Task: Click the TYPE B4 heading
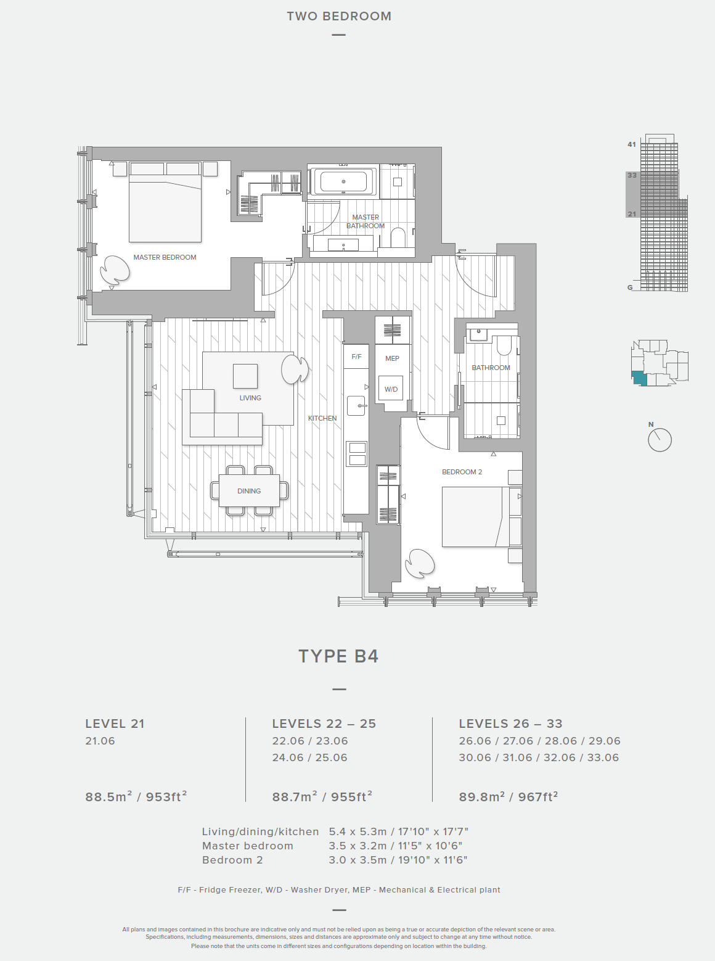[x=338, y=656]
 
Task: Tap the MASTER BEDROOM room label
[x=165, y=257]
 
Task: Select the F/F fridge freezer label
[x=356, y=357]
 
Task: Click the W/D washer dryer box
[x=391, y=389]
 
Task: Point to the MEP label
[x=393, y=358]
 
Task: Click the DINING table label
[x=249, y=491]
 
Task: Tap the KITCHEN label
[x=322, y=418]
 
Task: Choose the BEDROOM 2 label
[x=462, y=472]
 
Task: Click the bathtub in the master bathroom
[x=343, y=182]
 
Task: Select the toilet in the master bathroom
[x=398, y=239]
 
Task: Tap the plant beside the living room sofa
[x=295, y=369]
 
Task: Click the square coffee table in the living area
[x=245, y=376]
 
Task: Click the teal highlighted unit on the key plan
[x=639, y=378]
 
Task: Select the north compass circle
[x=660, y=440]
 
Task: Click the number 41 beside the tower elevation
[x=632, y=144]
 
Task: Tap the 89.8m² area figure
[x=481, y=797]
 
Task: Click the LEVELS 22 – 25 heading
[x=324, y=724]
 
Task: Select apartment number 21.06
[x=100, y=741]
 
